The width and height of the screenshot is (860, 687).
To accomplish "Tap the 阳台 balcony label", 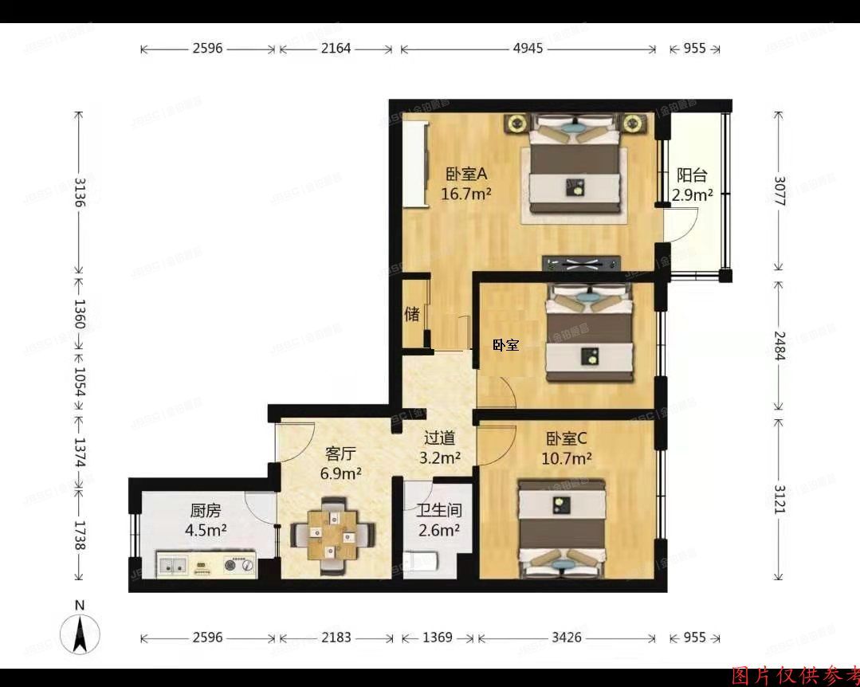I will [x=692, y=176].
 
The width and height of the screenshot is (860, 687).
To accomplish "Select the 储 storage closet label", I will [x=412, y=314].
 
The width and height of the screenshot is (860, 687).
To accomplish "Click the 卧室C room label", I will [x=567, y=438].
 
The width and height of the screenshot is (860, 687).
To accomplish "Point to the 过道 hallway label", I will [x=439, y=438].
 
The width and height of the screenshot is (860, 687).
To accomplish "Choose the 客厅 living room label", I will [x=340, y=454].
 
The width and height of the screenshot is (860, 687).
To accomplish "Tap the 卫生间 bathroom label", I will [x=439, y=510].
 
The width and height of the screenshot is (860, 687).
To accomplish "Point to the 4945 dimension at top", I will [x=528, y=49].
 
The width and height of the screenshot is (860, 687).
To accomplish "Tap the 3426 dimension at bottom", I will [x=567, y=638].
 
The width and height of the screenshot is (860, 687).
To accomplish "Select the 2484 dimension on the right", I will [x=779, y=345].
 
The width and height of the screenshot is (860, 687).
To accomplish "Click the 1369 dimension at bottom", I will [x=437, y=638].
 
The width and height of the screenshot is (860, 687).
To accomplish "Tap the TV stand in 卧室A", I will [x=581, y=264].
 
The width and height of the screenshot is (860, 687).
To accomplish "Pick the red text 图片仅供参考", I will [x=794, y=677].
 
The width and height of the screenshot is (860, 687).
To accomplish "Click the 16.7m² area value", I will [x=466, y=193].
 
